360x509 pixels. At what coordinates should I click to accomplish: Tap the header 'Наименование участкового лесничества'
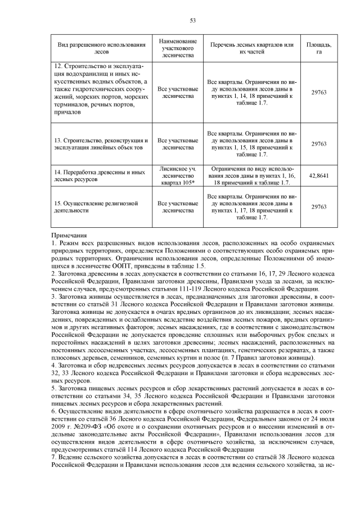coord(178,48)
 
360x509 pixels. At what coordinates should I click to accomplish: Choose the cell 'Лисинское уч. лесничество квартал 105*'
coord(178,175)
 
